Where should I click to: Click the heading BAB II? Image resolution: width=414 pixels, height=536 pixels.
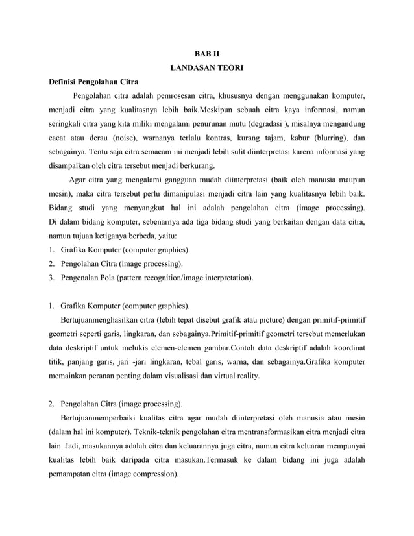[206, 52]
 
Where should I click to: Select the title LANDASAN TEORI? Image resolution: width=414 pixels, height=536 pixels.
[206, 67]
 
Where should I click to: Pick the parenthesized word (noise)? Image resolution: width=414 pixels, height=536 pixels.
[128, 138]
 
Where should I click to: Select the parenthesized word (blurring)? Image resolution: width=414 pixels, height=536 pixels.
[326, 138]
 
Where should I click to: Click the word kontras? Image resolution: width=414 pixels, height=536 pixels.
[230, 138]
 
